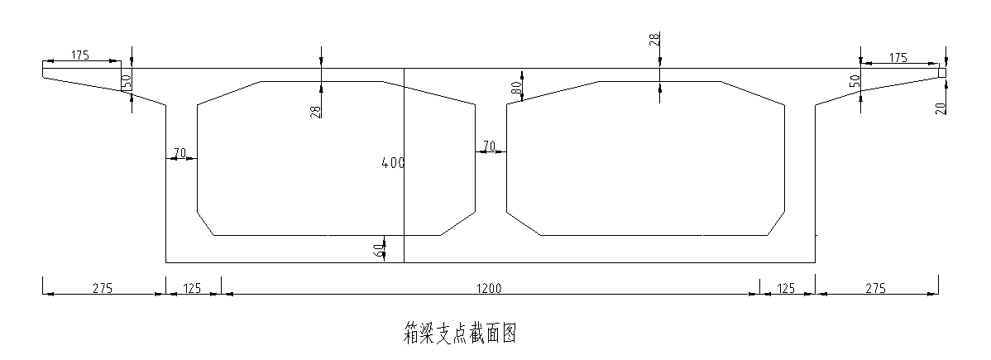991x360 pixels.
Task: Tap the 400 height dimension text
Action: coord(393,163)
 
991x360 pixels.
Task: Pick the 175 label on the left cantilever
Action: coord(80,55)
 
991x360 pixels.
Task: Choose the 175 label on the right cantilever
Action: coord(898,57)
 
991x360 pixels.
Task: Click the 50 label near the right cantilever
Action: coord(855,81)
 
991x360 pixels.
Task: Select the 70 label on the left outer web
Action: coord(179,153)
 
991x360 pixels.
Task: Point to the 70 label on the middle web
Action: coord(489,146)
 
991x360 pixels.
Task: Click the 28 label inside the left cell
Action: coord(316,110)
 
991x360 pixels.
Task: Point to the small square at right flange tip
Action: coord(942,73)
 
